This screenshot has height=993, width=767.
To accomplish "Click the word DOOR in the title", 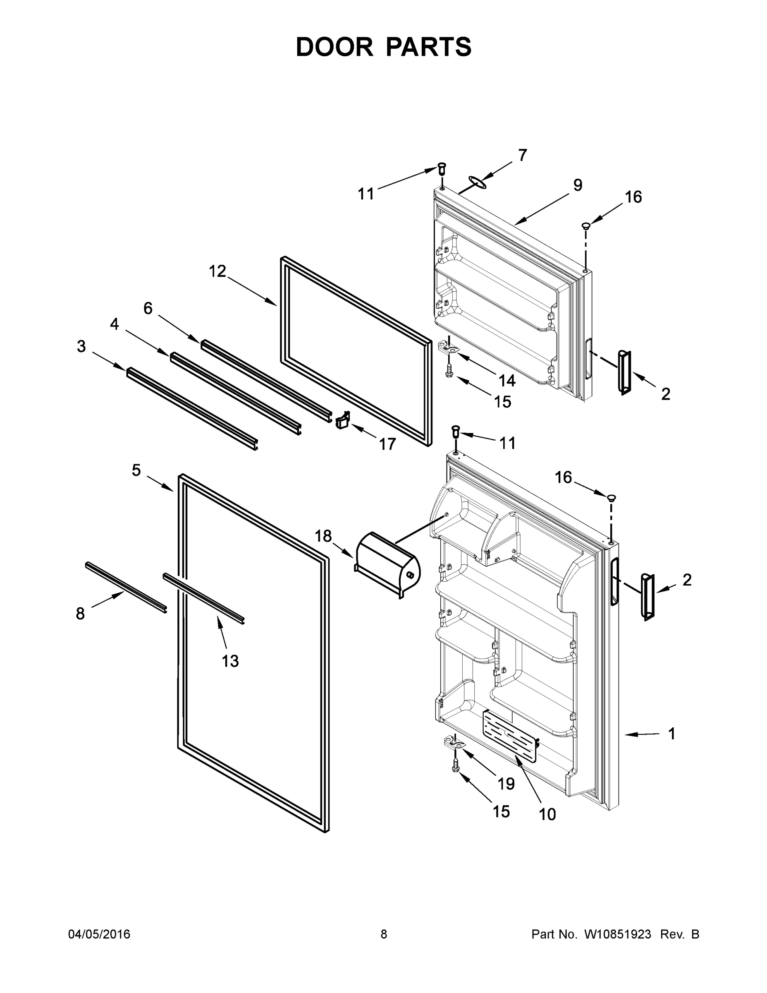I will point(334,47).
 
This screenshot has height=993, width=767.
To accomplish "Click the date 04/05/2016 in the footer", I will point(99,934).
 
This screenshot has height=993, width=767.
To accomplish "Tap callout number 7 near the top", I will point(522,156).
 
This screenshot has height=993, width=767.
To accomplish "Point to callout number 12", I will point(217,271).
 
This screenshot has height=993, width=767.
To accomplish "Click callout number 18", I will point(323,536).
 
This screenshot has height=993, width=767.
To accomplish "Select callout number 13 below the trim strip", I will point(230,661).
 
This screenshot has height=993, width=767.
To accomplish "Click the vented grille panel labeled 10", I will point(510,736).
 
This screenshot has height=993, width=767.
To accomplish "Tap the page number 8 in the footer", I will point(384,934).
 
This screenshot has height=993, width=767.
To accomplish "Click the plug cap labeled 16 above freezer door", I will point(586,225).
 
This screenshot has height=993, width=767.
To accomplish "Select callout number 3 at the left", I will point(81,346).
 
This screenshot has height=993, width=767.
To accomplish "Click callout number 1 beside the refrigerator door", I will point(671,734).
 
